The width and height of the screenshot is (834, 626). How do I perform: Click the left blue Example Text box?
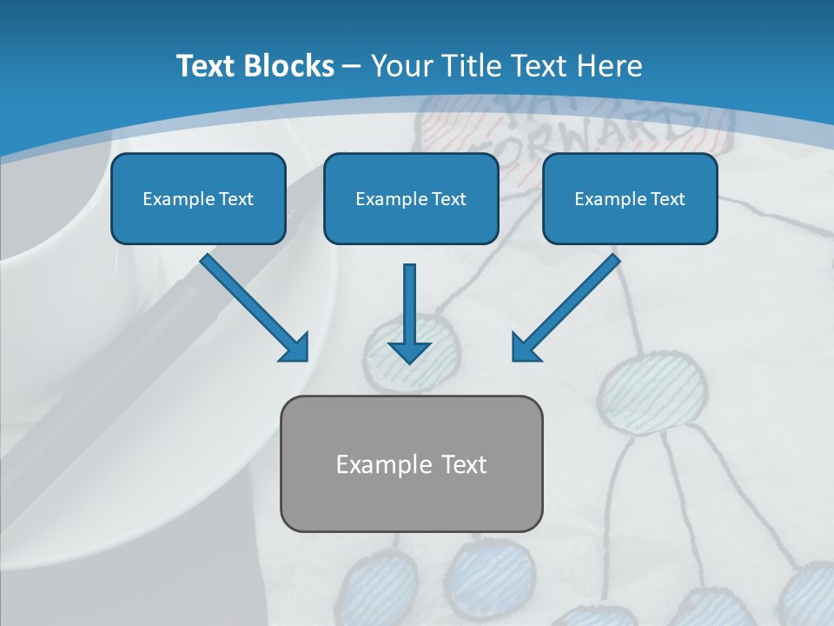click(198, 198)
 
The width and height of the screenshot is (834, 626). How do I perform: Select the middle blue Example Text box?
click(411, 198)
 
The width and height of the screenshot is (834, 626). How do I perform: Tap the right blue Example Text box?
click(630, 198)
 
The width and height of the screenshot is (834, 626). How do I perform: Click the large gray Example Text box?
click(411, 463)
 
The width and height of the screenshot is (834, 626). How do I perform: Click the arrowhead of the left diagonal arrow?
click(295, 348)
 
